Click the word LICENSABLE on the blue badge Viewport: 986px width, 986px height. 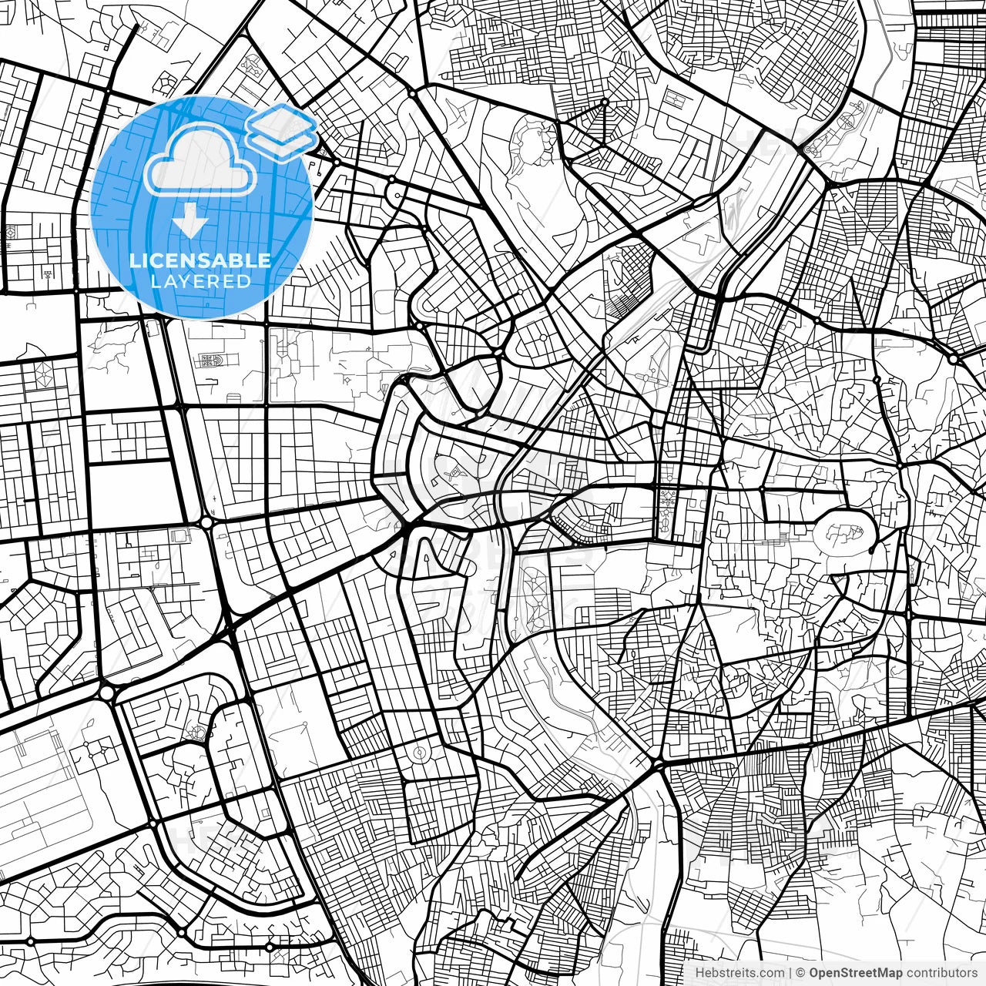point(200,260)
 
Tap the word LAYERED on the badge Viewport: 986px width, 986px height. point(200,281)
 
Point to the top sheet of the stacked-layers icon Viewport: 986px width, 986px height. point(283,122)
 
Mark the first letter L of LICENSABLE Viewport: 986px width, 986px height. point(134,260)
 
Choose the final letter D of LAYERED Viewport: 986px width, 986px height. point(244,281)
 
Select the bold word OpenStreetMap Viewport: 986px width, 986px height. point(856,973)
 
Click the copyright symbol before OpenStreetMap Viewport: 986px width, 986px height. point(801,973)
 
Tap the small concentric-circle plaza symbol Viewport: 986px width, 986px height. point(420,752)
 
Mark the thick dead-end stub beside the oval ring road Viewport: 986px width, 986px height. point(871,548)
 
